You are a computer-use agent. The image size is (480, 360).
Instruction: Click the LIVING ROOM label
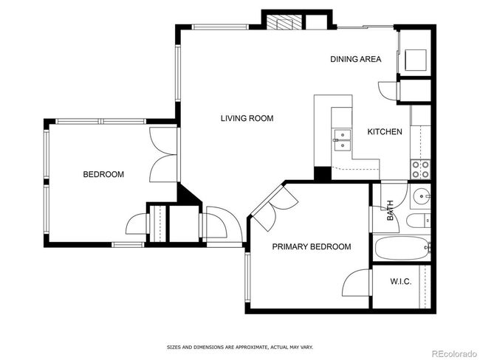click(247, 118)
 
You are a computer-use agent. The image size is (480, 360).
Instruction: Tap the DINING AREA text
click(356, 59)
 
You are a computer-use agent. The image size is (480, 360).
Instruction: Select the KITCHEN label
click(385, 132)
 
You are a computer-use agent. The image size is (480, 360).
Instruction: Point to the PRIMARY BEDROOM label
click(312, 246)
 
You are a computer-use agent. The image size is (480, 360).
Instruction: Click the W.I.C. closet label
click(401, 281)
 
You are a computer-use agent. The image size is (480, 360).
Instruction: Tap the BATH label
click(390, 210)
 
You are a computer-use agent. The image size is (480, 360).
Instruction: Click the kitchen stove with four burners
click(420, 170)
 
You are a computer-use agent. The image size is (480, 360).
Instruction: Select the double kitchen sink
click(343, 140)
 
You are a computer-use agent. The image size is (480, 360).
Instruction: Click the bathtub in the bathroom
click(402, 248)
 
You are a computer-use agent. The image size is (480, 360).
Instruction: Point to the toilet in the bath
click(419, 221)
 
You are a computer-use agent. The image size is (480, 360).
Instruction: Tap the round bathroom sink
click(421, 195)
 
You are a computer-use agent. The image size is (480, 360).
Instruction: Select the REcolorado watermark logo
click(454, 354)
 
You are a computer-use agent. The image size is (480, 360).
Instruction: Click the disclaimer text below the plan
click(240, 347)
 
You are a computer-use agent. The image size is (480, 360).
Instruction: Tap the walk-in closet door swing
click(355, 283)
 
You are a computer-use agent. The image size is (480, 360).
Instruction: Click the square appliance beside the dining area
click(416, 60)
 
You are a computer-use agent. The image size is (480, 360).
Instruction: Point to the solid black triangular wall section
click(188, 193)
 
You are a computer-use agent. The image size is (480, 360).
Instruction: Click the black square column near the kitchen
click(323, 174)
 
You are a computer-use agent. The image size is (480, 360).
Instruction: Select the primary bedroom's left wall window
click(247, 277)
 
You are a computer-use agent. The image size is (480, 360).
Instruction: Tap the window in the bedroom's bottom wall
click(128, 245)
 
